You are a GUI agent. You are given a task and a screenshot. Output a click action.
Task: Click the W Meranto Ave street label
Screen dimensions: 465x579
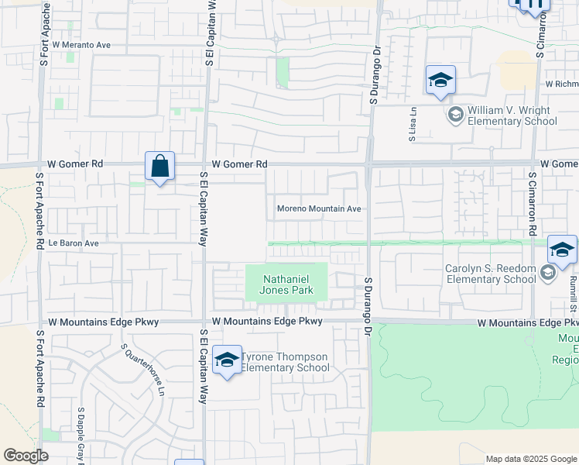pyautogui.click(x=78, y=45)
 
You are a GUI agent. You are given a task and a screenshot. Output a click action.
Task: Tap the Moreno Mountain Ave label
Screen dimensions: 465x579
pyautogui.click(x=320, y=209)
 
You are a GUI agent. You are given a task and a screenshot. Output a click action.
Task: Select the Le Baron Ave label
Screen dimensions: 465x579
pyautogui.click(x=74, y=243)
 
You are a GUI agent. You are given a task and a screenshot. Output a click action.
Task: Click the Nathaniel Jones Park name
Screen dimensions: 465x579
pyautogui.click(x=287, y=284)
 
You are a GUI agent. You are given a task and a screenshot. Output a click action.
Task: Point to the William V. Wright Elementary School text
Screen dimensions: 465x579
pyautogui.click(x=512, y=115)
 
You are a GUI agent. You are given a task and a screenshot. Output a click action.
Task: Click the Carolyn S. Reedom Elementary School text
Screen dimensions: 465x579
pyautogui.click(x=490, y=274)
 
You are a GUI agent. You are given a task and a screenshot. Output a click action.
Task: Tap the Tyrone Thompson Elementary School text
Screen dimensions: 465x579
pyautogui.click(x=286, y=362)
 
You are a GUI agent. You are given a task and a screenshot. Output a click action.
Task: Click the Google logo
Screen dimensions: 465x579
pyautogui.click(x=26, y=456)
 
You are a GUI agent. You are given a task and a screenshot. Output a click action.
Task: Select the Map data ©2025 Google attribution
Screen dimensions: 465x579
pyautogui.click(x=530, y=459)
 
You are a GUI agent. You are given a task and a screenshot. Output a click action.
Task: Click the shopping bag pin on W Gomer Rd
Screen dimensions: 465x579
pyautogui.click(x=159, y=166)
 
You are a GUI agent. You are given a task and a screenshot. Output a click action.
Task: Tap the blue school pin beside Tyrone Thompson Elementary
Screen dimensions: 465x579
pyautogui.click(x=227, y=360)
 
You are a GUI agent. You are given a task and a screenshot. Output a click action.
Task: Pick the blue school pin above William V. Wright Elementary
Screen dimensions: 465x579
pyautogui.click(x=440, y=80)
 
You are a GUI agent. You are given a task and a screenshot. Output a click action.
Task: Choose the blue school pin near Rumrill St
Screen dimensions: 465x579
pyautogui.click(x=562, y=250)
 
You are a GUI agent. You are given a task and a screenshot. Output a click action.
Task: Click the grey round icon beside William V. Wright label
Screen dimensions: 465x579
pyautogui.click(x=456, y=115)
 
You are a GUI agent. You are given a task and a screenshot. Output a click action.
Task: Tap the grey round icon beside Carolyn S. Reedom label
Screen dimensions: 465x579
pyautogui.click(x=548, y=273)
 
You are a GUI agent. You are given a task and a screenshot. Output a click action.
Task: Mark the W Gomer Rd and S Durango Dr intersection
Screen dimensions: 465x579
pyautogui.click(x=370, y=164)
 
